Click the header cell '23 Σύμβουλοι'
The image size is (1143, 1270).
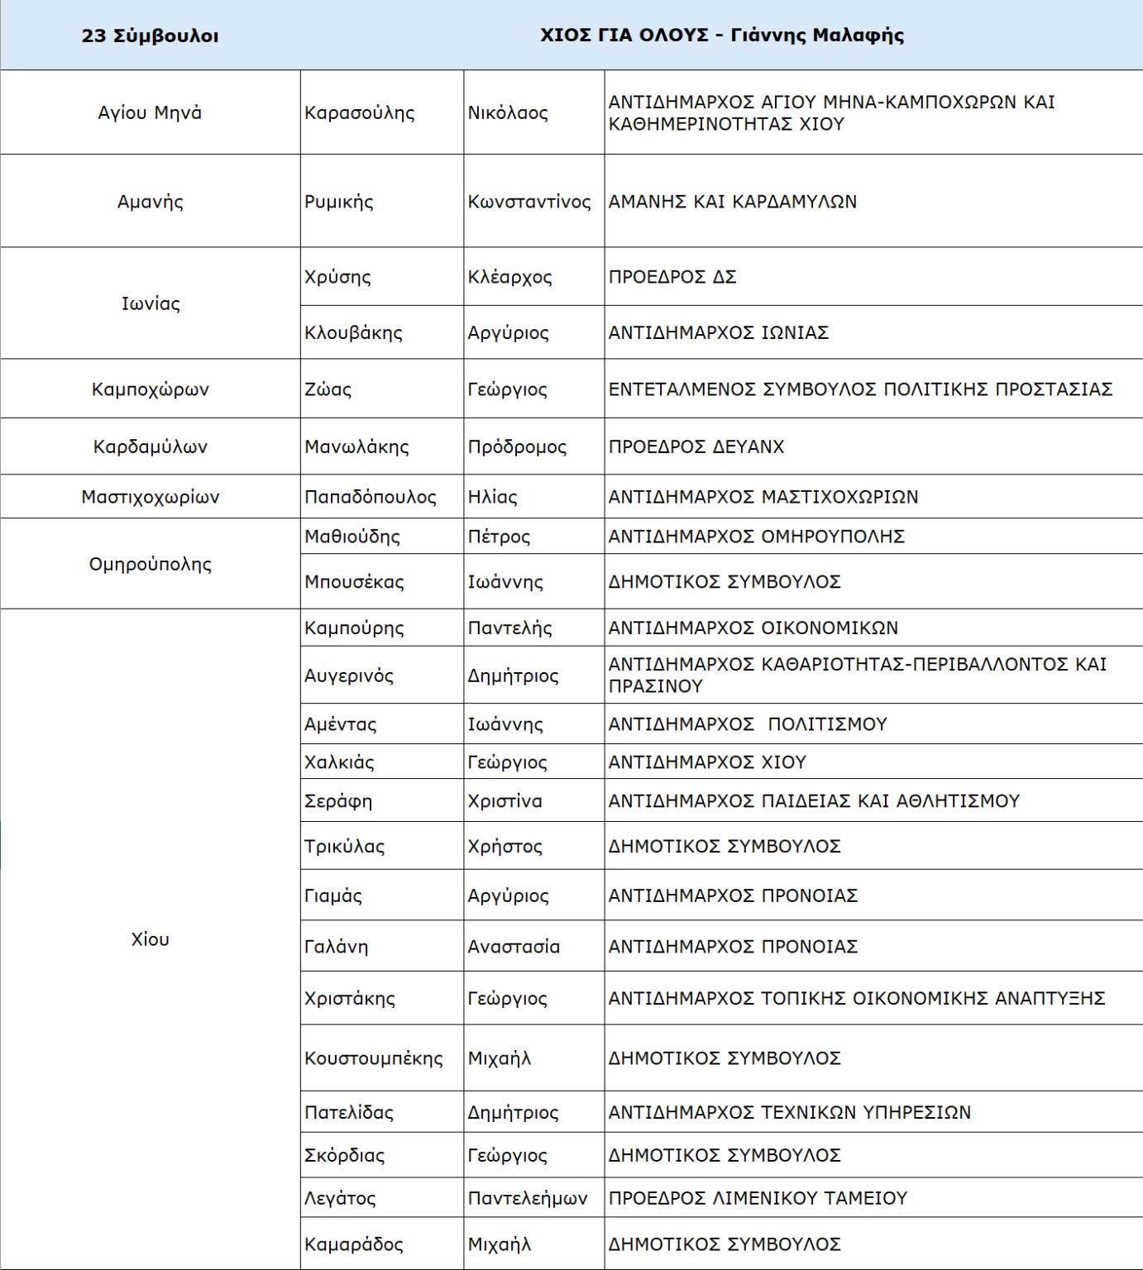click(x=150, y=36)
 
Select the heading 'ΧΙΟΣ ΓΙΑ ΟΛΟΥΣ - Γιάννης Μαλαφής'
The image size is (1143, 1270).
click(x=721, y=35)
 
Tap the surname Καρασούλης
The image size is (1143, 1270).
click(x=360, y=113)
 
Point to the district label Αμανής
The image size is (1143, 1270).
click(x=150, y=202)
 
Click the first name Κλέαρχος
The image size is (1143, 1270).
click(x=509, y=277)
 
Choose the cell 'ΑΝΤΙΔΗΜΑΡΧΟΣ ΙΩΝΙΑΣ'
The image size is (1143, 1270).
click(x=718, y=332)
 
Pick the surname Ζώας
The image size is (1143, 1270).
click(x=328, y=389)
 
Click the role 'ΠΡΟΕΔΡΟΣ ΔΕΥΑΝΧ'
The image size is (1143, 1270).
click(x=696, y=446)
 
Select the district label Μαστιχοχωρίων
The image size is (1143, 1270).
click(x=150, y=497)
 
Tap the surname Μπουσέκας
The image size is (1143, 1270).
click(x=354, y=582)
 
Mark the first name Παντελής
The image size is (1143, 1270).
click(x=509, y=628)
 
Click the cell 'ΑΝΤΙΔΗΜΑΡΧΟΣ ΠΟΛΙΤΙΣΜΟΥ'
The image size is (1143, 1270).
click(x=747, y=724)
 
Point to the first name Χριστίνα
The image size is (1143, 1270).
click(x=505, y=801)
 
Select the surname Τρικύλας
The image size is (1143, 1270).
click(x=344, y=847)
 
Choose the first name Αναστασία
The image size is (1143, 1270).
click(x=514, y=947)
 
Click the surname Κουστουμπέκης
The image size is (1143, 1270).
click(x=373, y=1058)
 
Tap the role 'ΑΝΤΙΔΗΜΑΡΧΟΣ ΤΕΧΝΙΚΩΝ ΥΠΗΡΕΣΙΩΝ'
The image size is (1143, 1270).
click(x=789, y=1113)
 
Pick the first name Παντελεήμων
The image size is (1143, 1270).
click(x=527, y=1198)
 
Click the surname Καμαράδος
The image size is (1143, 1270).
click(x=353, y=1244)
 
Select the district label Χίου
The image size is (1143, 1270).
click(x=150, y=939)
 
